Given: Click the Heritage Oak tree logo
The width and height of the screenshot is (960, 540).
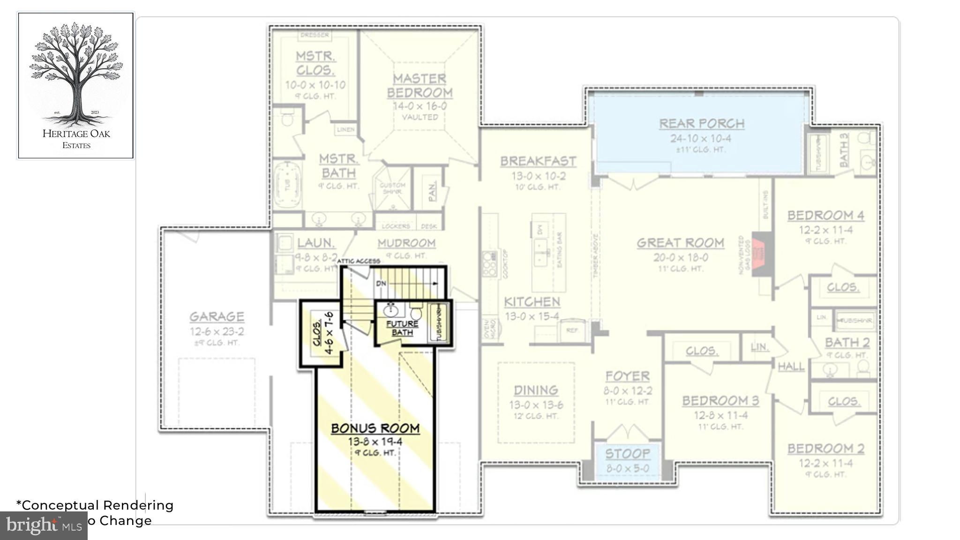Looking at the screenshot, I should click(x=75, y=75).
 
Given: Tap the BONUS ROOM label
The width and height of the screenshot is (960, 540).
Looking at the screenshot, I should click(x=375, y=428).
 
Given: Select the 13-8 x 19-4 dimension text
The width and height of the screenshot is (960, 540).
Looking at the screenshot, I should click(x=375, y=442).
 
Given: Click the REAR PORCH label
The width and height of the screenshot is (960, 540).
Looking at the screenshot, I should click(x=701, y=124).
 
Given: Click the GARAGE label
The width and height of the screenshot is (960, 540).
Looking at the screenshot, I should click(x=217, y=317).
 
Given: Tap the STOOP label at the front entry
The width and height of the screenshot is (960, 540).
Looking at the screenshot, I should click(x=627, y=454).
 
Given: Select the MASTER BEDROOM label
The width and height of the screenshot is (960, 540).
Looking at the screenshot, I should click(x=420, y=86).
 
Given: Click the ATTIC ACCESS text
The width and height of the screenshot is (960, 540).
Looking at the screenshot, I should click(x=358, y=261).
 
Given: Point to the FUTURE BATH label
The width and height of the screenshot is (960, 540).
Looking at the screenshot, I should click(x=402, y=328).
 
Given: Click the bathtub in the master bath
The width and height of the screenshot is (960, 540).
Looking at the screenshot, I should click(x=287, y=185).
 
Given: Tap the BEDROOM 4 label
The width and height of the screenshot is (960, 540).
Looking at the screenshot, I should click(x=825, y=216).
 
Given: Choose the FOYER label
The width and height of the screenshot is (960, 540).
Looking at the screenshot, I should click(x=627, y=376).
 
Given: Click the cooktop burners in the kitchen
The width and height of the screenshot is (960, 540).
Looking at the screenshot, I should click(x=490, y=264).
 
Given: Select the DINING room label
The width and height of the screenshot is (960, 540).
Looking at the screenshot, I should click(x=536, y=390).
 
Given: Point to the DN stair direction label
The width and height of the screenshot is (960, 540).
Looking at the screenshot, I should click(x=381, y=284).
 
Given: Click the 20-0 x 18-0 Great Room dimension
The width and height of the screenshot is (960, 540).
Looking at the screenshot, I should click(x=680, y=257).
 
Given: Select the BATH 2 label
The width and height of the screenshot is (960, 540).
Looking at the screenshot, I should click(x=847, y=343).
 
